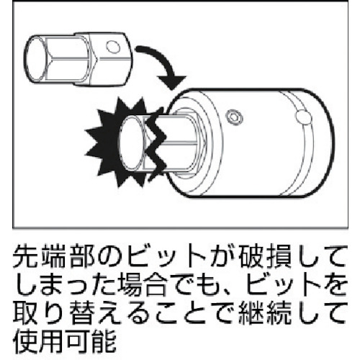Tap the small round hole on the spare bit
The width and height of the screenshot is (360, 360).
[x=113, y=47]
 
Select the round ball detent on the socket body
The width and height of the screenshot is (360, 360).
[x=303, y=117]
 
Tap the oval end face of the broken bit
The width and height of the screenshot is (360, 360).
[x=131, y=144]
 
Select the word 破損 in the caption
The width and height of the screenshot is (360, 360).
[x=265, y=256]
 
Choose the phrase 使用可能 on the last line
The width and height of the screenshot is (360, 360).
[x=64, y=341]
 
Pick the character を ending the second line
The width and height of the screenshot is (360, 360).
[x=334, y=285]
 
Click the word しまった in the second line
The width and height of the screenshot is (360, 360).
[x=64, y=285]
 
